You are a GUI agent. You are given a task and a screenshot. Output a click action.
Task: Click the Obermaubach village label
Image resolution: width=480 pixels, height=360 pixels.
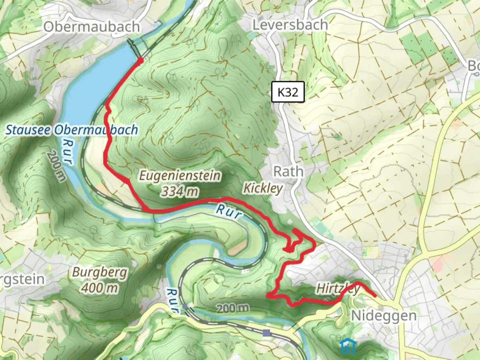pos(91,27)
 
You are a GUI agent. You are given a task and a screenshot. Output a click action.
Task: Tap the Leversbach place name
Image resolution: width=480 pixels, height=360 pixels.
pos(290,25)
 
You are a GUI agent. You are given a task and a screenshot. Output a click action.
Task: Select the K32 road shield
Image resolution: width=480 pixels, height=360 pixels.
pos(288,92)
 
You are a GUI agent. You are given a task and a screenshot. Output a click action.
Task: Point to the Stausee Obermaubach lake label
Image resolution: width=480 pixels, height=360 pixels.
pos(71,130)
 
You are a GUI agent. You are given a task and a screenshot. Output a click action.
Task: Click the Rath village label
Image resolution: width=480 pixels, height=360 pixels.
pos(288,172)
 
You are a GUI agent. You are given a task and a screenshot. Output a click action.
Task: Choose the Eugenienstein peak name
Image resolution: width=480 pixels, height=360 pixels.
pos(180,175)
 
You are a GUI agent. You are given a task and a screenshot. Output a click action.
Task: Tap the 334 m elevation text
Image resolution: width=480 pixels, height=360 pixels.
pos(180,192)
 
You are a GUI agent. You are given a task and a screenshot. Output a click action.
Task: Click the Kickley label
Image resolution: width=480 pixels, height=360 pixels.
pos(263,188)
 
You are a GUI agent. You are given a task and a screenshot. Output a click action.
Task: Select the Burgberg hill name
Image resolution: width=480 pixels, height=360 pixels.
pos(100,273)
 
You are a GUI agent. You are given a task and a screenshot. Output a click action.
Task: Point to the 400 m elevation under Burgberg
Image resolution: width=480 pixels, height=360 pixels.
pos(100,288)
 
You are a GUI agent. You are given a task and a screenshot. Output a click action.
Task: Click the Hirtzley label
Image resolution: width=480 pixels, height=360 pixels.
pos(338,289)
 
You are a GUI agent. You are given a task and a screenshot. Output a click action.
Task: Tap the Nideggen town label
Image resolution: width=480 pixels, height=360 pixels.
pos(384,315)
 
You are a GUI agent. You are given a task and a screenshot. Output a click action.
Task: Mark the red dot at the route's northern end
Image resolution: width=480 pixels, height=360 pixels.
pos(140,60)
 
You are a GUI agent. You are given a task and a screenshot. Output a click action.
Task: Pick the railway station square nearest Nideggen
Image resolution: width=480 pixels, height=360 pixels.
pos(266,333)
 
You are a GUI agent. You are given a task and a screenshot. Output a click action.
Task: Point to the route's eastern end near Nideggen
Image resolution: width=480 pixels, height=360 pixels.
pos(375,295)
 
